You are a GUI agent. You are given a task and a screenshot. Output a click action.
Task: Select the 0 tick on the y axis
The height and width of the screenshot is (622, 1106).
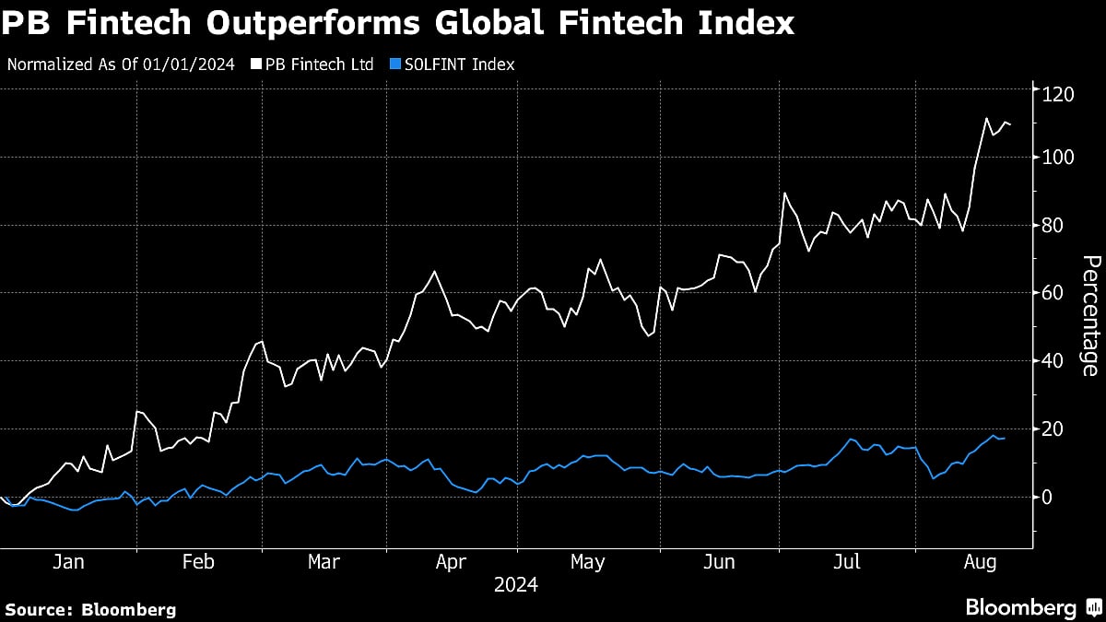point(1048,497)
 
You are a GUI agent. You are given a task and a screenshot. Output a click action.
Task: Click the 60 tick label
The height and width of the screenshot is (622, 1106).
point(1053,293)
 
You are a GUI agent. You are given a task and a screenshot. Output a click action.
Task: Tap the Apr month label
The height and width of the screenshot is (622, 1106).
point(452,562)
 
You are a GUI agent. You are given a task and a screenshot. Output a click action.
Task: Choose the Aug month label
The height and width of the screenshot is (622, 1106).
point(977,562)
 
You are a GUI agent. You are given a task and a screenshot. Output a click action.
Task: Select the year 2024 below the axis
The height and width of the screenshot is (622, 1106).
point(516,584)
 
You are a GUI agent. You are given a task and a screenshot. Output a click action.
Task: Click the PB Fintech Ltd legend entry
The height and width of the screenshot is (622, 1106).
point(317,65)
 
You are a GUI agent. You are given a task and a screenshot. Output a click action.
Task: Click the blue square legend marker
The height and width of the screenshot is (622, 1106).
point(395,65)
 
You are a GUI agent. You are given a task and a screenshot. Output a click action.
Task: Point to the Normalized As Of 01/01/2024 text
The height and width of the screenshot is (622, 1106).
point(120,65)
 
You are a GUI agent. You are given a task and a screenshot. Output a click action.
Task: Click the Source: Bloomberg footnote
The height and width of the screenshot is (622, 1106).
point(89,609)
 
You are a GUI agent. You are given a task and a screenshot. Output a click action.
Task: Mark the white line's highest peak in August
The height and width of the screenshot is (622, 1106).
point(986,118)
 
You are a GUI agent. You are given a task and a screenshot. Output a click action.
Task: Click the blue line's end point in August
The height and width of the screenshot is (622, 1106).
point(1005,439)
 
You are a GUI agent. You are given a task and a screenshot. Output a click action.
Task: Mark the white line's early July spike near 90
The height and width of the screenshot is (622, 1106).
point(784,194)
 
